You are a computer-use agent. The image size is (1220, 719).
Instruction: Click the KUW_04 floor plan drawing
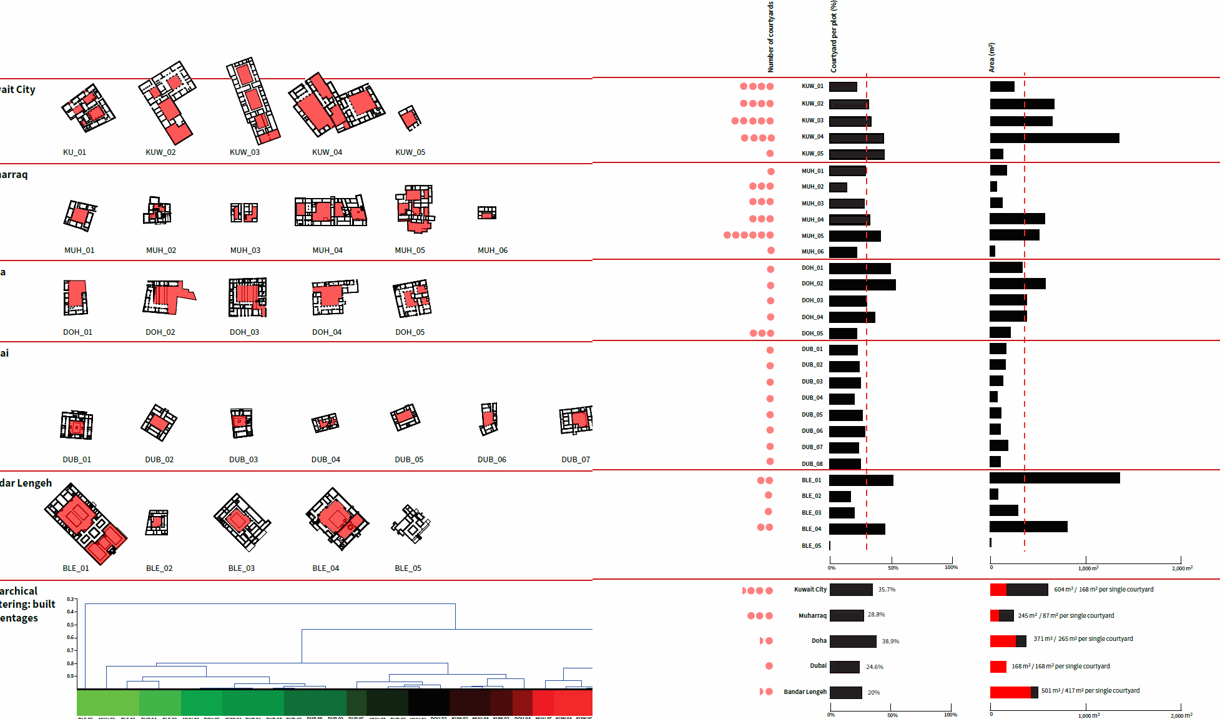(336, 106)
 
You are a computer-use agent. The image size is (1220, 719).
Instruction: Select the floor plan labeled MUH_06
(487, 213)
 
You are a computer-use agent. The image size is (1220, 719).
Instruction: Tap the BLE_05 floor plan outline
(411, 523)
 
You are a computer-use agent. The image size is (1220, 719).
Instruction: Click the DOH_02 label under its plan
(160, 332)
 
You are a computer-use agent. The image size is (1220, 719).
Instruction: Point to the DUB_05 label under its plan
(409, 460)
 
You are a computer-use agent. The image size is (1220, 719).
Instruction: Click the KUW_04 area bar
(1055, 138)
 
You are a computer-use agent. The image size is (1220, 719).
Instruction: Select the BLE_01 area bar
(1055, 479)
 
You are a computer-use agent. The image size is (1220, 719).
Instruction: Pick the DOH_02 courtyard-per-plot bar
(862, 285)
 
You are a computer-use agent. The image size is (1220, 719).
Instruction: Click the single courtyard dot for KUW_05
(770, 154)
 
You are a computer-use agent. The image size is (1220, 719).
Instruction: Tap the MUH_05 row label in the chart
(812, 236)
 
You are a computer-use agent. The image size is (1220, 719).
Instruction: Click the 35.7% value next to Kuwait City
(887, 590)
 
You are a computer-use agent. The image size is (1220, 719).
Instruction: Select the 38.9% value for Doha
(890, 642)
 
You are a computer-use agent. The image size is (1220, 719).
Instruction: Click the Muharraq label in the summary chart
(812, 616)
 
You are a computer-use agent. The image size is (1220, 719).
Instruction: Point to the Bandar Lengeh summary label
(805, 692)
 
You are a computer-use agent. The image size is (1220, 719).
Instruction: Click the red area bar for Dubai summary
(998, 667)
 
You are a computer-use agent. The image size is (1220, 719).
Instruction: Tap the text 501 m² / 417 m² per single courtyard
(1090, 691)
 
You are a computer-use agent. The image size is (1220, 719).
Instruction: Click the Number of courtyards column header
(770, 37)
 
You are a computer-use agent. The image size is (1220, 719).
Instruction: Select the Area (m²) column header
(991, 57)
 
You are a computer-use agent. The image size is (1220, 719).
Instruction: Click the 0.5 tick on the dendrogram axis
(71, 625)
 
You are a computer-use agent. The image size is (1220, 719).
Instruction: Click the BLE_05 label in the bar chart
(811, 546)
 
